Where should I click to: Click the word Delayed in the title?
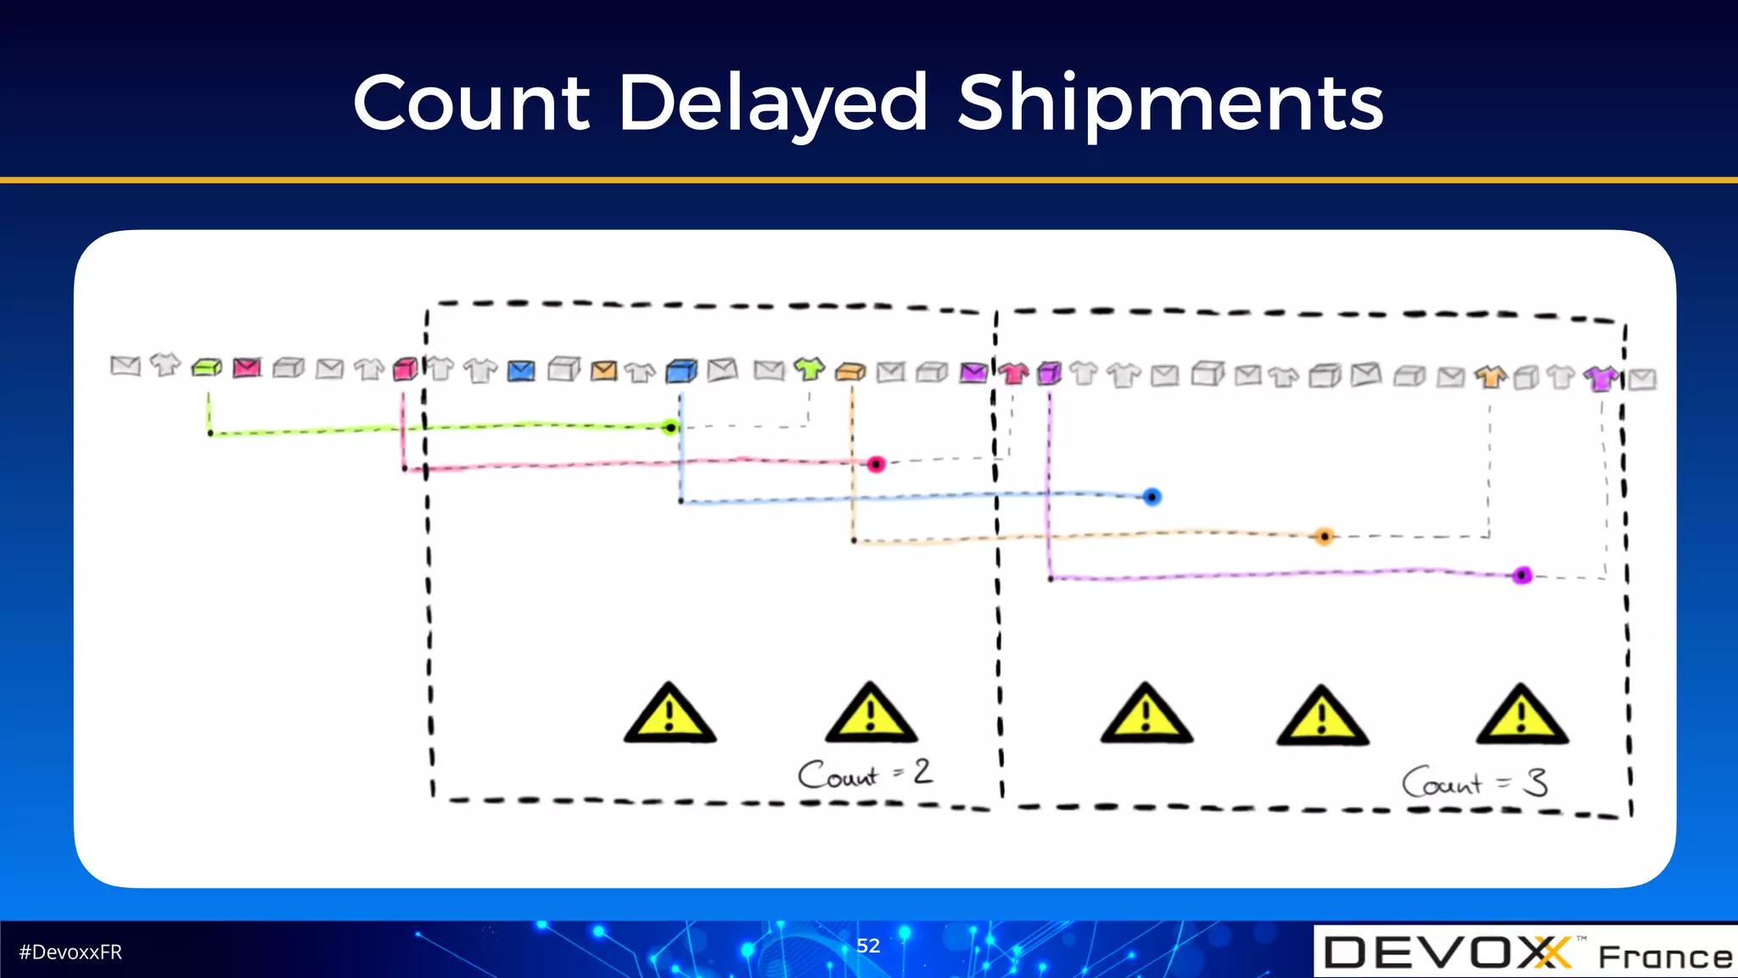[x=773, y=104]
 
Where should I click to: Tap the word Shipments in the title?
[x=1170, y=104]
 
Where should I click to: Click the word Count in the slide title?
[x=471, y=104]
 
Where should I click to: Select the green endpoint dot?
[x=670, y=427]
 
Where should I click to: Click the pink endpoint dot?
[x=876, y=464]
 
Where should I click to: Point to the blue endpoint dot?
[x=1152, y=497]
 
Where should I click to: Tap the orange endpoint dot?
[x=1324, y=536]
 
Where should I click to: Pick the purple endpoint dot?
[x=1522, y=576]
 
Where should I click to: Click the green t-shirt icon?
[x=809, y=368]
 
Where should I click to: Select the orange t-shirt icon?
[x=1490, y=375]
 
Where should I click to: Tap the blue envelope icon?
[x=521, y=371]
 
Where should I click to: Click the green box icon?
[x=206, y=368]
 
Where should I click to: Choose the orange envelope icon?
[x=603, y=371]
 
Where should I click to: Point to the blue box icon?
[x=681, y=371]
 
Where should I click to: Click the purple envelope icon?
[x=973, y=372]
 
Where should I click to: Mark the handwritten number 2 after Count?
[x=922, y=771]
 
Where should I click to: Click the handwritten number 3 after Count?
[x=1535, y=781]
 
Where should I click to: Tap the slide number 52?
[x=868, y=946]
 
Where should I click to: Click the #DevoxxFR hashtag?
[x=70, y=953]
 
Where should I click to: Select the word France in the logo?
[x=1665, y=957]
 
